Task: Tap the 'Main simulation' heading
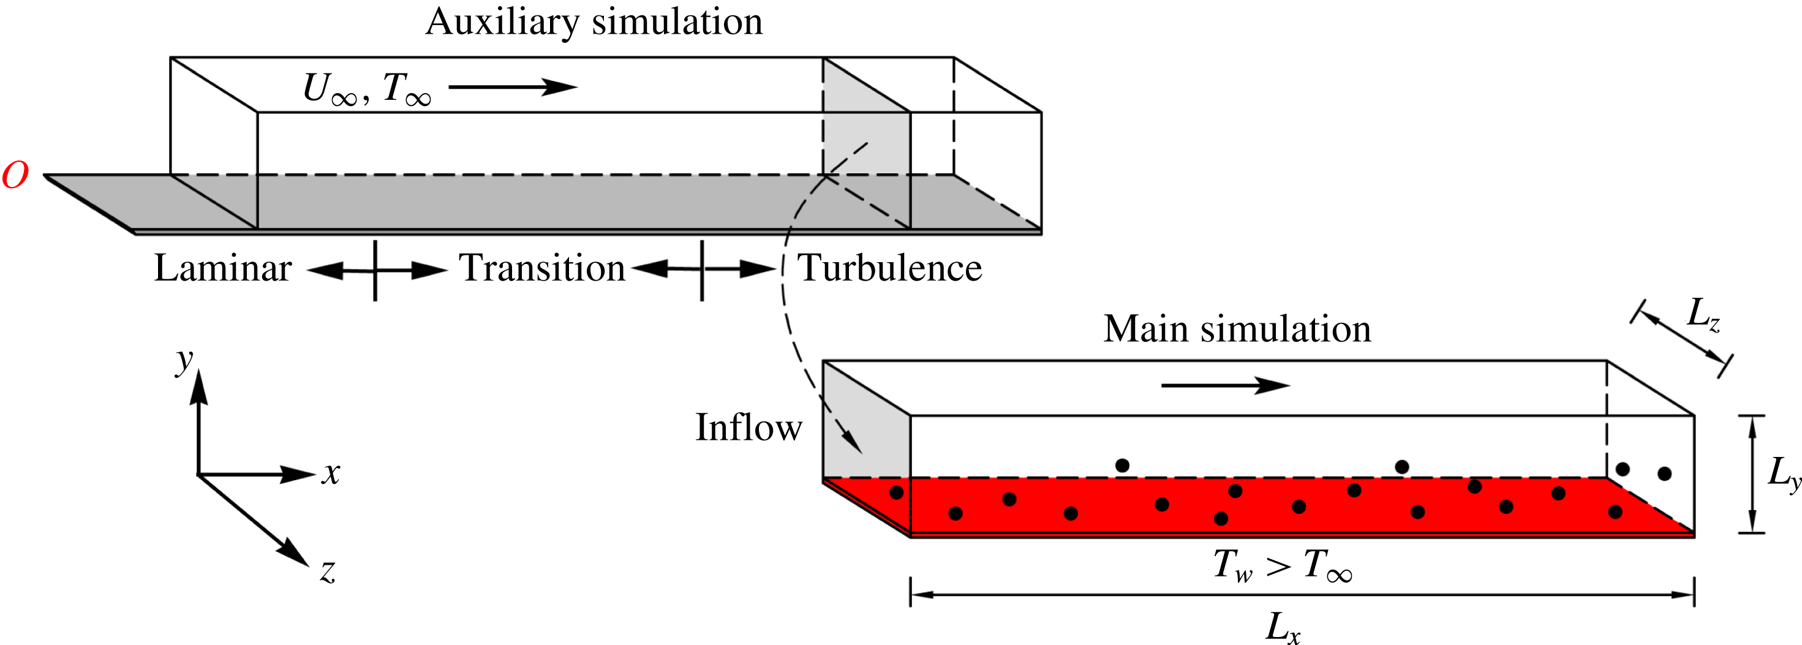pyautogui.click(x=1237, y=329)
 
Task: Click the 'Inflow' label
pyautogui.click(x=748, y=428)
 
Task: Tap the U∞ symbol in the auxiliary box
pyautogui.click(x=329, y=89)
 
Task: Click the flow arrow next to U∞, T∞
pyautogui.click(x=512, y=88)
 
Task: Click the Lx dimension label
pyautogui.click(x=1282, y=626)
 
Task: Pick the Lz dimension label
pyautogui.click(x=1703, y=314)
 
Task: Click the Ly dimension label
pyautogui.click(x=1783, y=473)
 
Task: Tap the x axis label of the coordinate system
pyautogui.click(x=331, y=473)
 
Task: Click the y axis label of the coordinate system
pyautogui.click(x=184, y=360)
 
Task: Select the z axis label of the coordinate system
pyautogui.click(x=327, y=571)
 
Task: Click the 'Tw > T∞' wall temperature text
pyautogui.click(x=1282, y=565)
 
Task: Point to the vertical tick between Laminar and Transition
pyautogui.click(x=375, y=270)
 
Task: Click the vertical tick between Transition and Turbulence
pyautogui.click(x=702, y=270)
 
